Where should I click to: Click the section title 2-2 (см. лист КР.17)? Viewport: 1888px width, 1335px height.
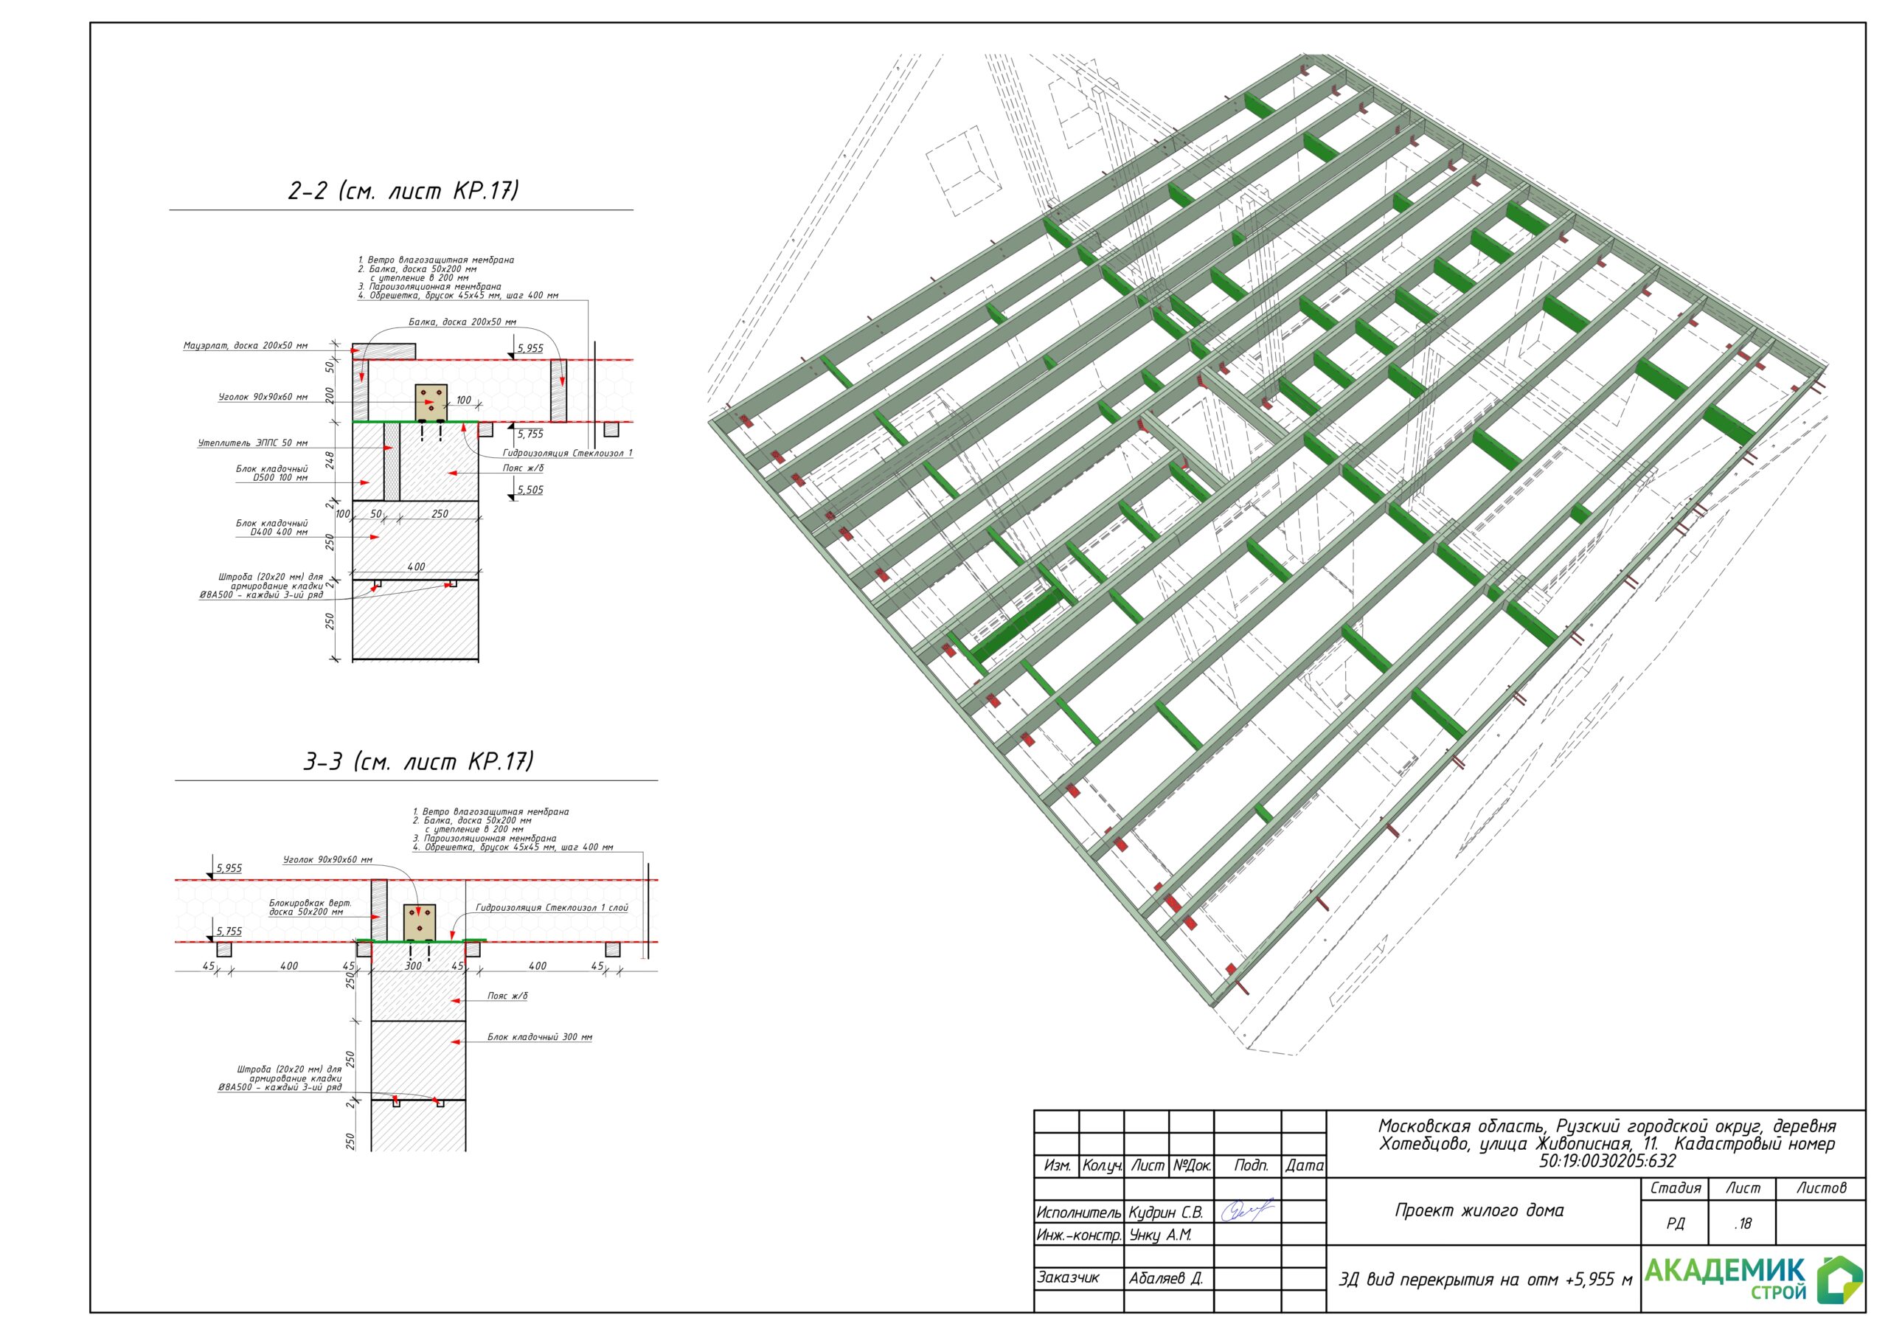[403, 190]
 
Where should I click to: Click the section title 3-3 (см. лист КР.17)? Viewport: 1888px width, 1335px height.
[419, 761]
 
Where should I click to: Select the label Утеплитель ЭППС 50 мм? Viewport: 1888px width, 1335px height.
[252, 443]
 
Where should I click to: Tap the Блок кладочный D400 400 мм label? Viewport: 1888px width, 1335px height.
[271, 527]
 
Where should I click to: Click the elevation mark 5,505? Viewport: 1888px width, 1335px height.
[530, 490]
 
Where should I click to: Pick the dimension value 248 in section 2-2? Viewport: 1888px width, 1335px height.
[330, 460]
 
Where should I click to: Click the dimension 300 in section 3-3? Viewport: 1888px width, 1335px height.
[413, 965]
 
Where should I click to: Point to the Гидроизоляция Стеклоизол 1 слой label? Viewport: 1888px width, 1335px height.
[552, 907]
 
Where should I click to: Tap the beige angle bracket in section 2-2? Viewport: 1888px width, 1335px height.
[431, 401]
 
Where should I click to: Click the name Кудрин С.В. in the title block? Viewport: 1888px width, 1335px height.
[1165, 1213]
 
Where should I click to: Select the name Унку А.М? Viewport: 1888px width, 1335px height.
[1159, 1235]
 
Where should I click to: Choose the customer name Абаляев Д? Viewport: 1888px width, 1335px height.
[1165, 1278]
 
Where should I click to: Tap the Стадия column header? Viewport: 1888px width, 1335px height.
[1675, 1187]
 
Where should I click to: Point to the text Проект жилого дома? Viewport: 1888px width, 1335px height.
[1479, 1210]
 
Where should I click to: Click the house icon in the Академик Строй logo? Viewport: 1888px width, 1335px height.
[1839, 1280]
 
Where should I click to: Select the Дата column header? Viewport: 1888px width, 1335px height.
[1304, 1165]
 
